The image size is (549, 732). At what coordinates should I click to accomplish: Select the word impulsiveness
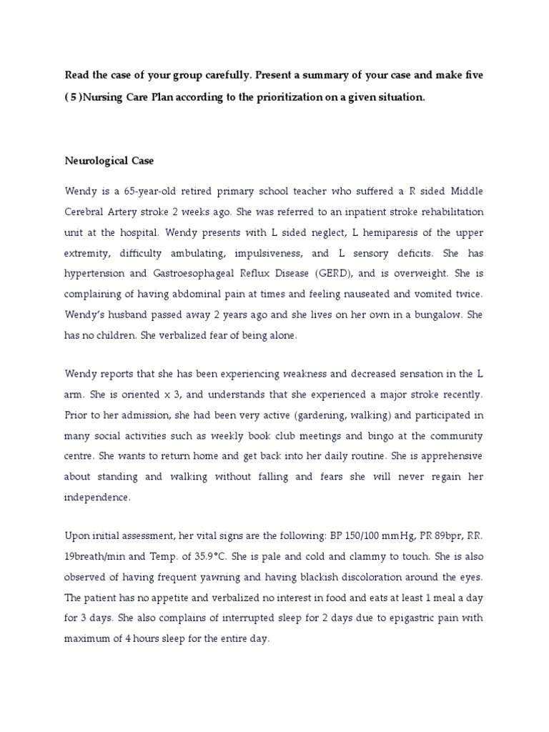pyautogui.click(x=274, y=253)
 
